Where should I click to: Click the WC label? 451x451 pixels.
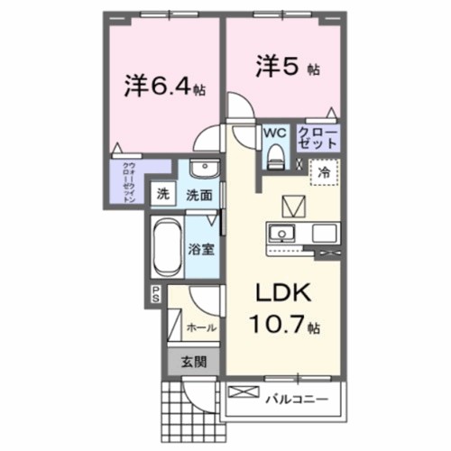click(x=274, y=133)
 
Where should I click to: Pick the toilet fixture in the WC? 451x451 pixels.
click(x=274, y=157)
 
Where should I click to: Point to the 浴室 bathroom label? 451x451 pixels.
click(x=200, y=249)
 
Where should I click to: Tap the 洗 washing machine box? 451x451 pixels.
click(x=163, y=193)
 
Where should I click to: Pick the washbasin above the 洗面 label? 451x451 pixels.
click(x=202, y=169)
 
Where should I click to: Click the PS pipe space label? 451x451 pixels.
click(x=154, y=292)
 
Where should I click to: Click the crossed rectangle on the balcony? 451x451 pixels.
click(x=244, y=393)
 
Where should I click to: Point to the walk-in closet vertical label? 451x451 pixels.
click(x=129, y=183)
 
